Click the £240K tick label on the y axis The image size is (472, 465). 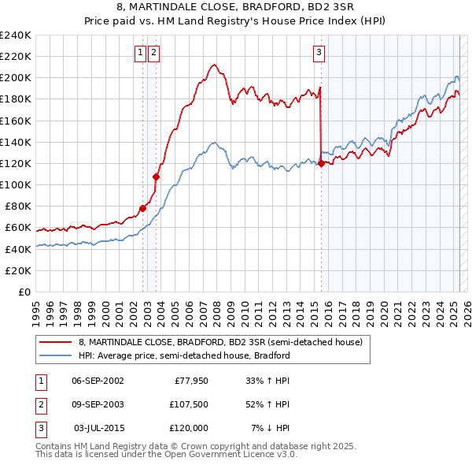(16, 35)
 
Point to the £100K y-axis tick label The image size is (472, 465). (16, 184)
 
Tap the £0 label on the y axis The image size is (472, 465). (24, 292)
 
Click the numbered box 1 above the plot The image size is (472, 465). (140, 53)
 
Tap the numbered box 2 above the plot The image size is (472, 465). (153, 53)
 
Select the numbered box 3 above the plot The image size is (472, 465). (319, 53)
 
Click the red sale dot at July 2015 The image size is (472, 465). (321, 163)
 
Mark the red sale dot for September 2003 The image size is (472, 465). (156, 177)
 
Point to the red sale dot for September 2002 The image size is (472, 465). (142, 208)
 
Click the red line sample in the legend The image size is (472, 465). (56, 343)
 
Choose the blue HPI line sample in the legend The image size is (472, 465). (56, 355)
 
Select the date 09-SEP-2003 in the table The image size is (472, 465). (98, 404)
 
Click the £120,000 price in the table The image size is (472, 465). (188, 428)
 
